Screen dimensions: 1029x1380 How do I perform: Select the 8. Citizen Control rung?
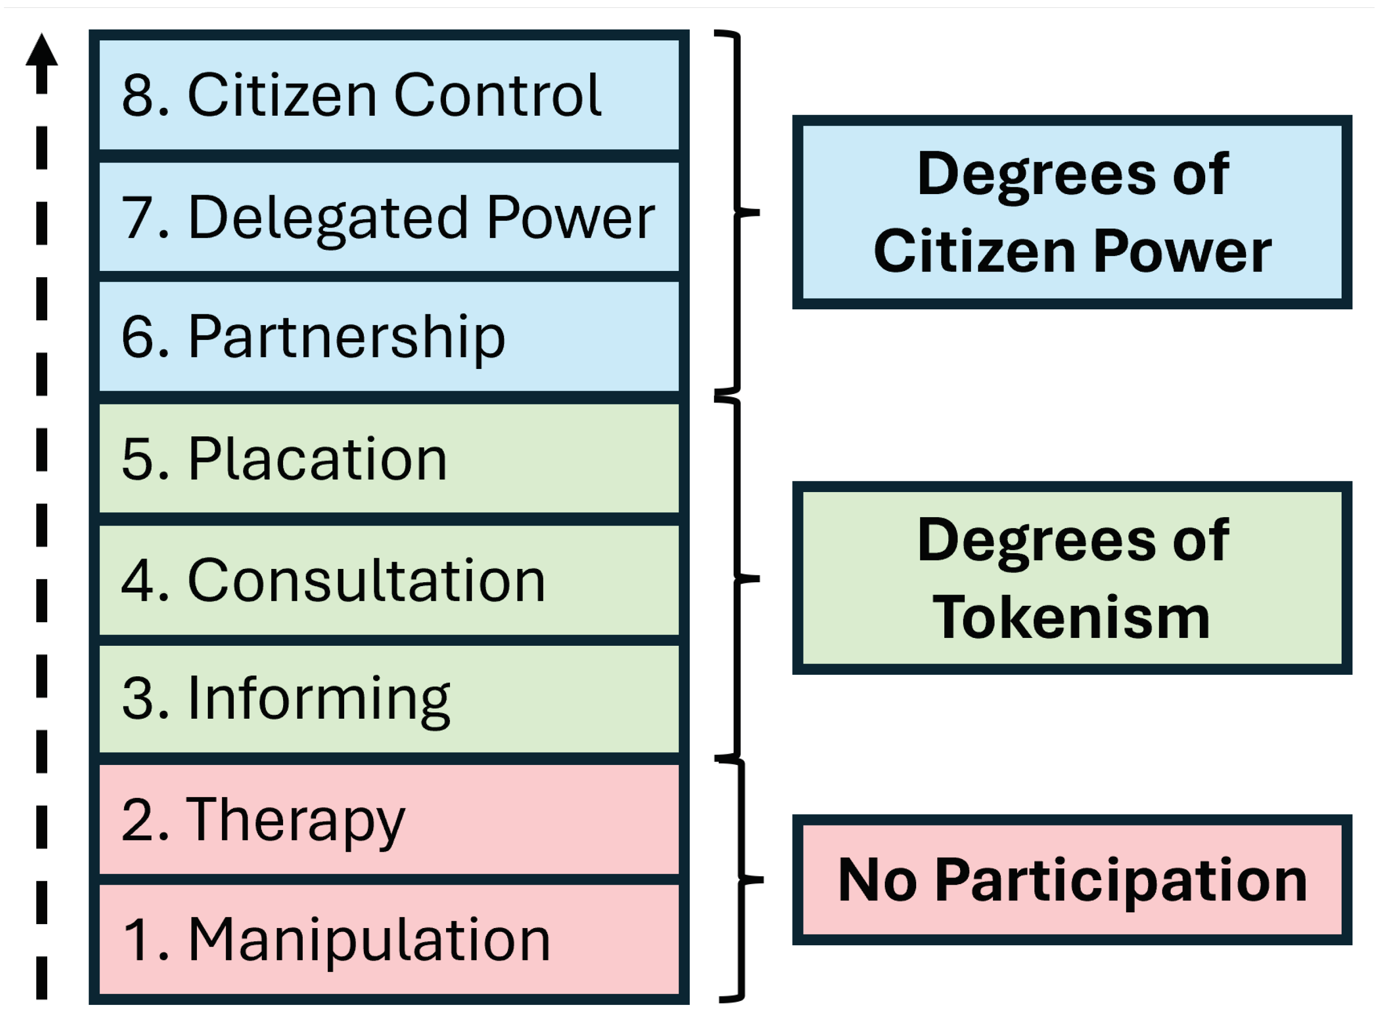(x=388, y=95)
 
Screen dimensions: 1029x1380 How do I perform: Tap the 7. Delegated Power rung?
(x=388, y=217)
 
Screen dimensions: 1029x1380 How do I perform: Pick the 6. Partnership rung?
(x=388, y=336)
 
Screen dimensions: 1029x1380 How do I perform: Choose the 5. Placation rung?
(x=388, y=459)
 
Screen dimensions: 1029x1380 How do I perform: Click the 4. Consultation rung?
(x=388, y=580)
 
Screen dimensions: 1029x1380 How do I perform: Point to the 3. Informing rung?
(x=388, y=699)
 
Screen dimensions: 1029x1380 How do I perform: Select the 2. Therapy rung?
(x=388, y=820)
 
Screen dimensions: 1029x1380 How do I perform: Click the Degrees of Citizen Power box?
(x=1072, y=212)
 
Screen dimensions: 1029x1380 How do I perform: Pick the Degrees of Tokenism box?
(x=1072, y=578)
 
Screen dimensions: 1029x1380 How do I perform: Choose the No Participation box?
(x=1072, y=880)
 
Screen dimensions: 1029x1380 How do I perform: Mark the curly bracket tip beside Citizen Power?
(x=756, y=212)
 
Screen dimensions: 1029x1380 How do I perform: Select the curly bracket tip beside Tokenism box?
(x=756, y=579)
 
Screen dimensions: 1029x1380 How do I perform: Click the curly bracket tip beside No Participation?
(x=759, y=880)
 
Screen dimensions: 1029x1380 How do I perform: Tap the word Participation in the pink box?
(x=1121, y=881)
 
